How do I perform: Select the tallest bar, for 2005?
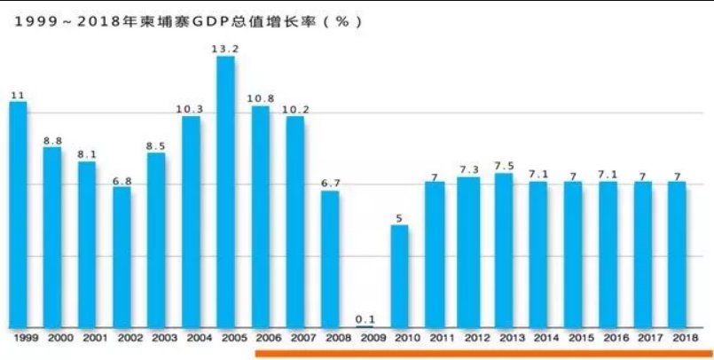pos(226,192)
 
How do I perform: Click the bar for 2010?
pos(399,276)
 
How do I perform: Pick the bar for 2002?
pos(122,256)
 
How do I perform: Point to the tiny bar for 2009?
pos(365,326)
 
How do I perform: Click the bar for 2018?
pos(678,254)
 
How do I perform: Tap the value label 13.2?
pos(226,49)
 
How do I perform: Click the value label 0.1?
pos(365,318)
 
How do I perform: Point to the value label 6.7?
pos(330,183)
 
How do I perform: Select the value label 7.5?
pos(504,166)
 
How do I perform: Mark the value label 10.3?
pos(192,108)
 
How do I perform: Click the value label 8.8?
pos(52,139)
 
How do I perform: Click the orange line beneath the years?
pos(483,353)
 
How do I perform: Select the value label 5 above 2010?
pos(399,217)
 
